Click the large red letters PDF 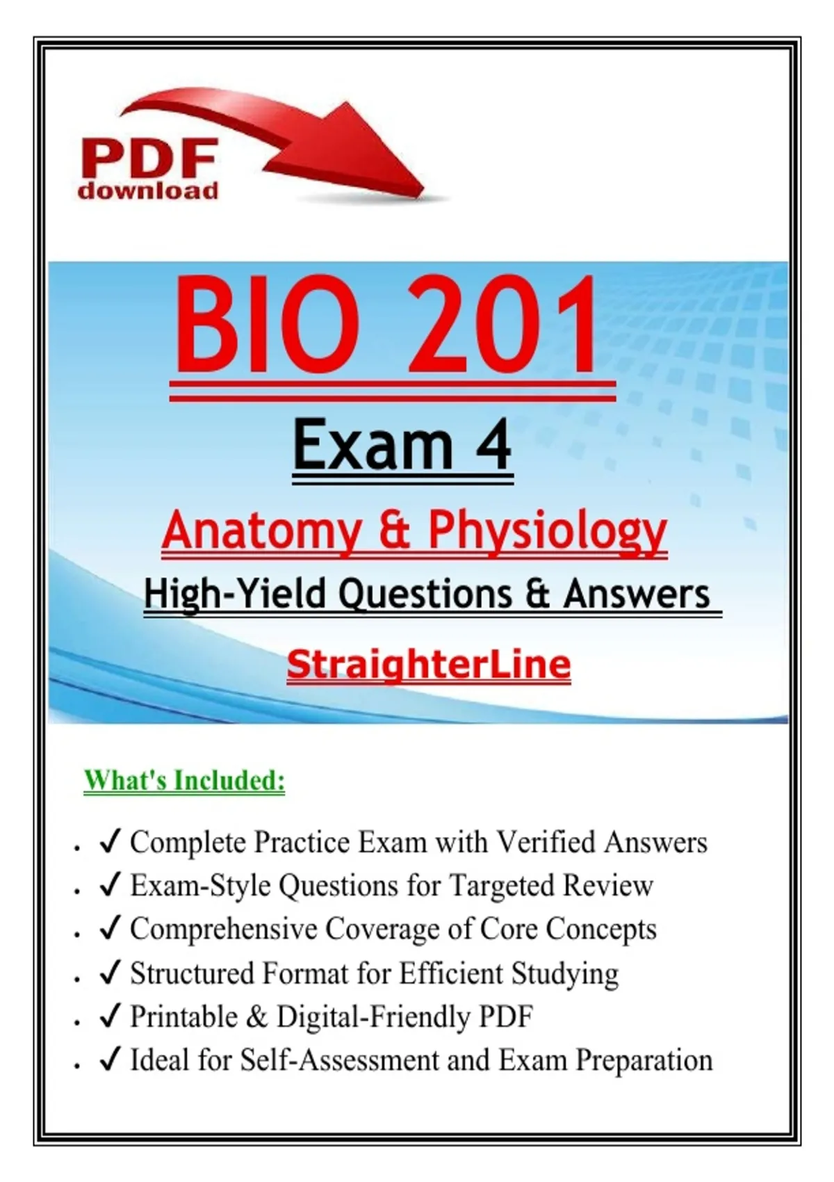[x=149, y=159]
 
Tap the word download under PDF [x=148, y=191]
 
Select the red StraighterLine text [x=429, y=665]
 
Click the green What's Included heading [x=184, y=780]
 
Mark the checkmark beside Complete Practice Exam [x=111, y=842]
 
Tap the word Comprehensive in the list [x=224, y=929]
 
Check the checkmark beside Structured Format [x=111, y=973]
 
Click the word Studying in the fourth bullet [x=565, y=974]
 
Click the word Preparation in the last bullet [x=644, y=1060]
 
